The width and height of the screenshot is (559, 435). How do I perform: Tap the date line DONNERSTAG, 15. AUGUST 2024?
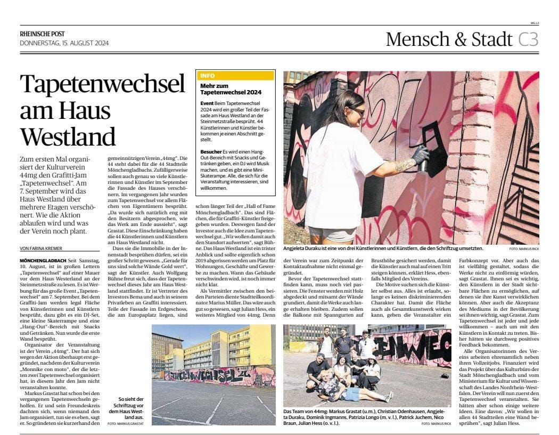point(63,43)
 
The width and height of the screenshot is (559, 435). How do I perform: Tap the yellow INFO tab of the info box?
point(208,76)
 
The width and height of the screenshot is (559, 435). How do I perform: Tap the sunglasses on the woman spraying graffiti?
point(358,111)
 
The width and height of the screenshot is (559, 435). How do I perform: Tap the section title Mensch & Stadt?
point(449,39)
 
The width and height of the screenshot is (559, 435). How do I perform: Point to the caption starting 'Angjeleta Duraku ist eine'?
point(383,248)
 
